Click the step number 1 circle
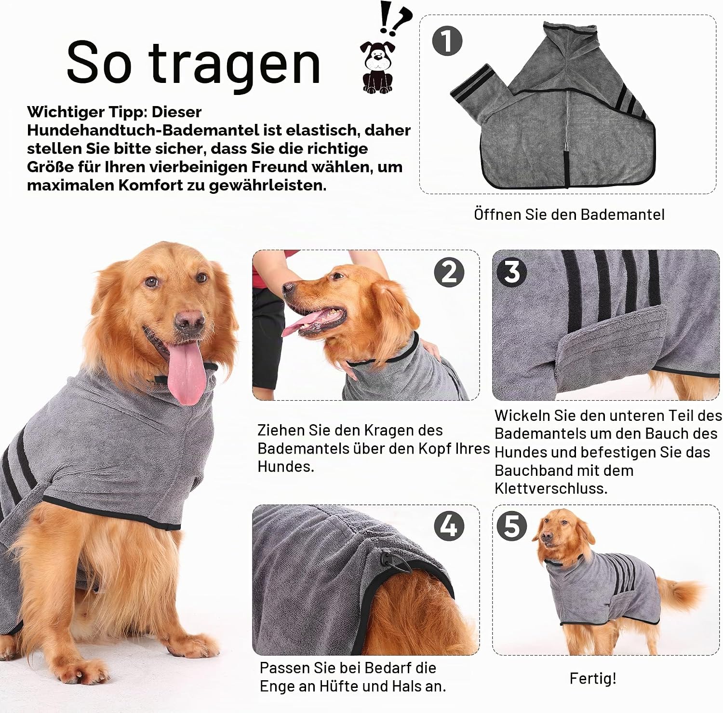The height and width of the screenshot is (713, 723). click(x=447, y=40)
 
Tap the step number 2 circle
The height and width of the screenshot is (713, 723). click(x=449, y=272)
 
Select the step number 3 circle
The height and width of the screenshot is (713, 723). click(x=512, y=271)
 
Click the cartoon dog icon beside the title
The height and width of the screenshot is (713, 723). click(x=377, y=67)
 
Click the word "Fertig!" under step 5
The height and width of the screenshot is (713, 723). click(x=593, y=678)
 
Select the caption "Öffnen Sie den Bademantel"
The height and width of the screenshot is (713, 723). click(x=569, y=215)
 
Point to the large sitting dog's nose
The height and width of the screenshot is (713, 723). click(x=189, y=321)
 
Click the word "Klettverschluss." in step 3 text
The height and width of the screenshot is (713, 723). click(x=551, y=488)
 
